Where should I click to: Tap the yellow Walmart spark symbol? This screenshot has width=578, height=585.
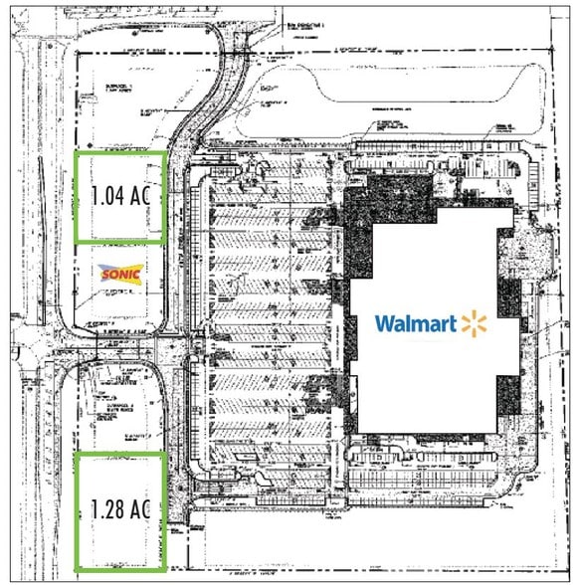tap(473, 322)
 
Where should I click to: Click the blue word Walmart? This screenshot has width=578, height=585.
tap(415, 323)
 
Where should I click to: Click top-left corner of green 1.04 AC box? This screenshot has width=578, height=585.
tap(76, 152)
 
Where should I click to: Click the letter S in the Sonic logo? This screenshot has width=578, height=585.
tap(103, 272)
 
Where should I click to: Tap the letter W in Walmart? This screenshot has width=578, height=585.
tap(384, 323)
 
